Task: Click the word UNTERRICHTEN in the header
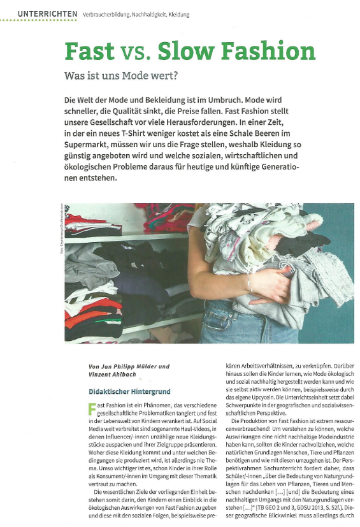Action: click(x=48, y=13)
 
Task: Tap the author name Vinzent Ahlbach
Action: click(x=115, y=375)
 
